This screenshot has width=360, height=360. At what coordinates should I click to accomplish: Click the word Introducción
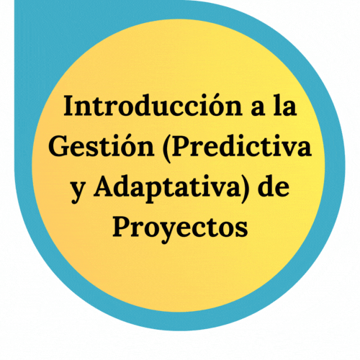click(x=153, y=106)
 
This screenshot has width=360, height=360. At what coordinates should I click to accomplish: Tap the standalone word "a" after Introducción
click(x=258, y=109)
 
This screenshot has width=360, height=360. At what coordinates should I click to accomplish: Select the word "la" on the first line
click(x=285, y=105)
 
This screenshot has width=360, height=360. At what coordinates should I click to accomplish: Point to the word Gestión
click(x=102, y=145)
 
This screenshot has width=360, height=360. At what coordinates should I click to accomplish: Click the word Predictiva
click(x=238, y=147)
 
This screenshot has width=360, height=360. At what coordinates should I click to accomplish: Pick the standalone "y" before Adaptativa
click(x=78, y=192)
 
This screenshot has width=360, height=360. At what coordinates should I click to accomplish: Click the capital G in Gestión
click(x=60, y=145)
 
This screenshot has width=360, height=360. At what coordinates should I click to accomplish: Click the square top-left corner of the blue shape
click(x=14, y=1)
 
